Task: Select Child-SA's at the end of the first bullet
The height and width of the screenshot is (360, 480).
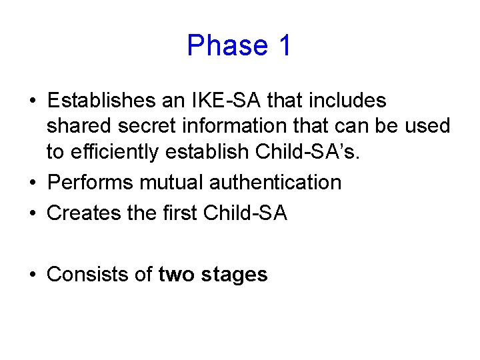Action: (x=309, y=152)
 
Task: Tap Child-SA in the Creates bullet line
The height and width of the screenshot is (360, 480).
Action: (x=245, y=213)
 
